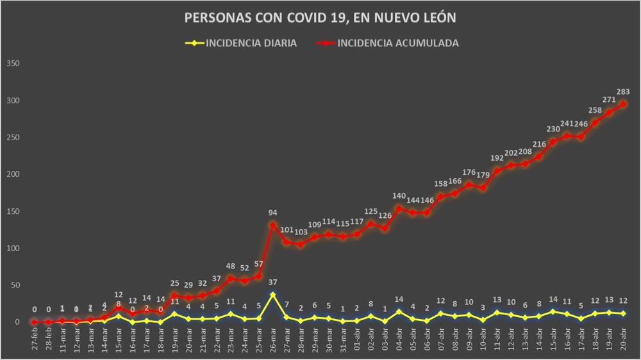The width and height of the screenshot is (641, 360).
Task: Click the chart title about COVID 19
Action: point(320,17)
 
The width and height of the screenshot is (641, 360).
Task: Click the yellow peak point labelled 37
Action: point(273,295)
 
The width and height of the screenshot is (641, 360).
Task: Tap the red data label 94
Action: point(273,213)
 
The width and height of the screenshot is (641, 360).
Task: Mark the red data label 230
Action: point(553,129)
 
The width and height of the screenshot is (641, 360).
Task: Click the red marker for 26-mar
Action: point(273,225)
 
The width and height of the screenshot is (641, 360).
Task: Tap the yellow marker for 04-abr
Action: point(399,312)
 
